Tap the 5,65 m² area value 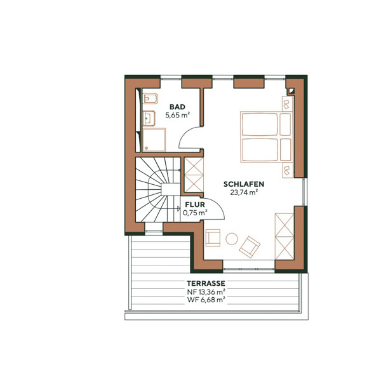click(178, 116)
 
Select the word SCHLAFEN click(244, 184)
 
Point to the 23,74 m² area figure click(244, 192)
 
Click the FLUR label click(194, 205)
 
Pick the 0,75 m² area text click(194, 213)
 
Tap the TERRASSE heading click(206, 283)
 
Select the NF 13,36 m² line click(206, 291)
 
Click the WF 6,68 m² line click(206, 300)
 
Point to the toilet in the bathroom click(150, 100)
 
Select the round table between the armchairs click(232, 239)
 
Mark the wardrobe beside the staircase click(194, 175)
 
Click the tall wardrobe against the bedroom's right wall click(283, 235)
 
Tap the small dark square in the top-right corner click(291, 90)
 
